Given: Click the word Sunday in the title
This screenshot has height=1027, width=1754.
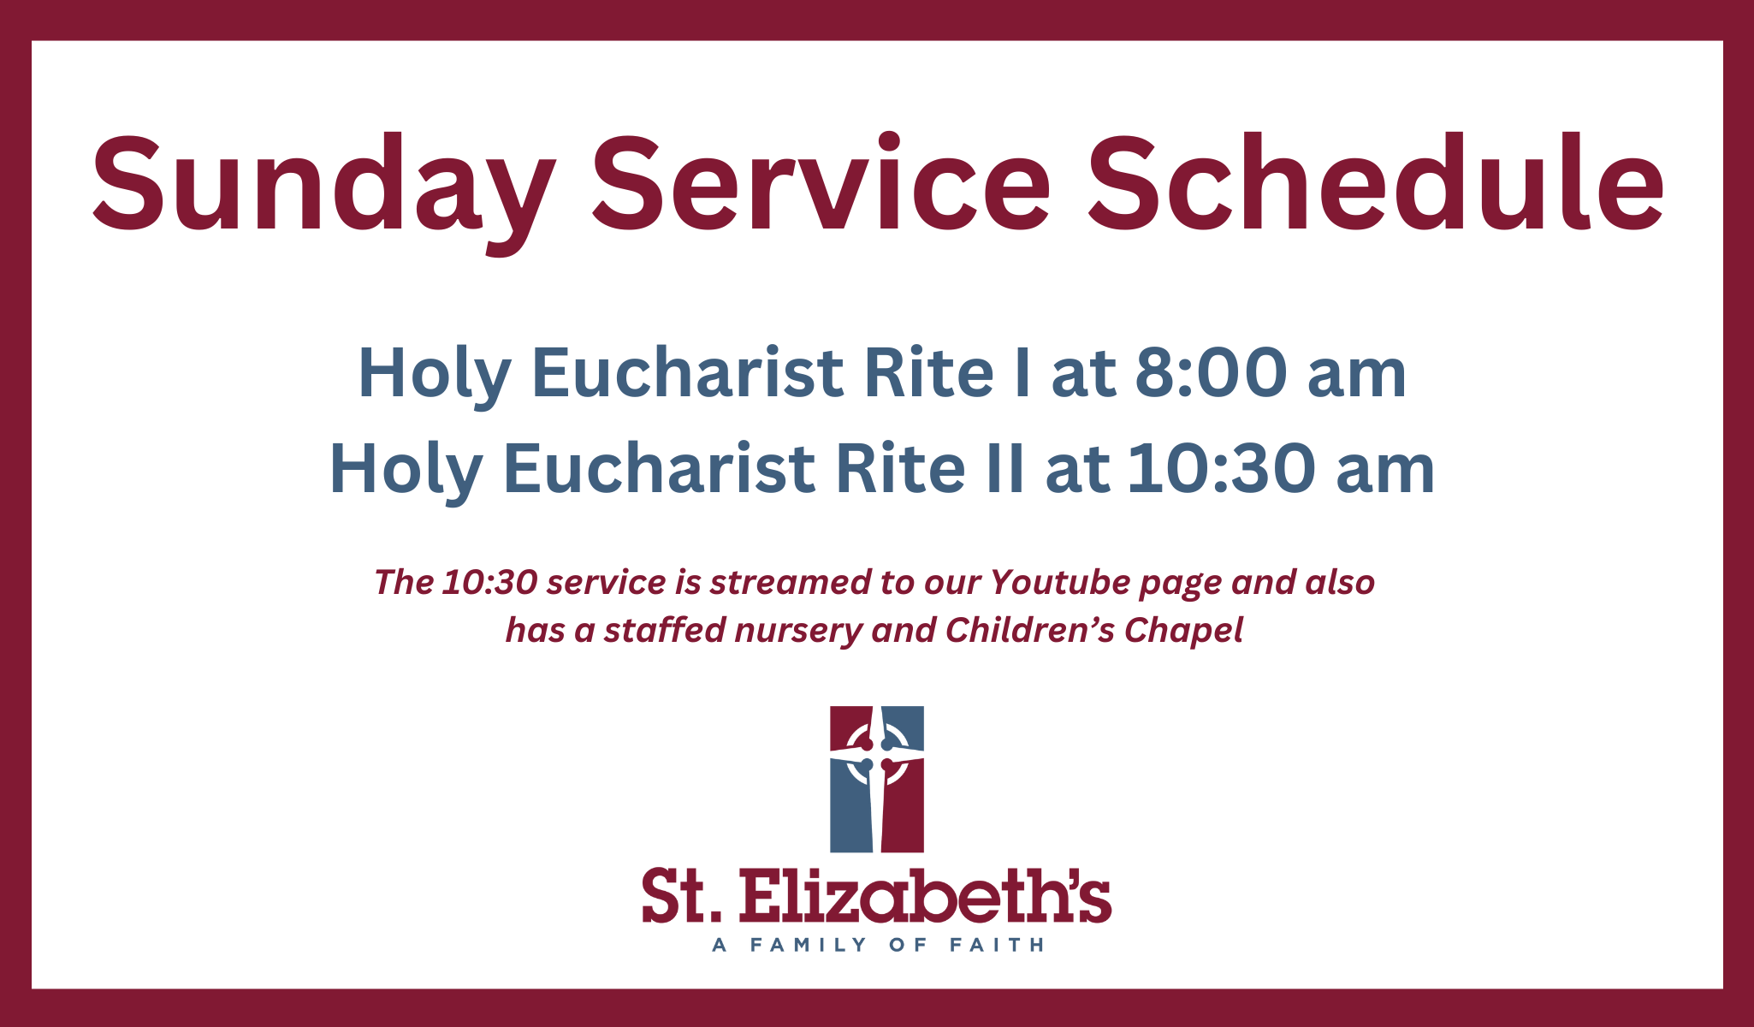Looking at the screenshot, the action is [x=323, y=190].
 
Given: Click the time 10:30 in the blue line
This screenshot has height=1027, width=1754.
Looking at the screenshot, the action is [x=1221, y=469].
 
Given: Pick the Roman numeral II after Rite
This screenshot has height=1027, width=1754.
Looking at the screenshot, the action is [x=1004, y=469].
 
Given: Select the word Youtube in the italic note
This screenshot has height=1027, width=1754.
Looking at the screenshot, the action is [x=1062, y=582].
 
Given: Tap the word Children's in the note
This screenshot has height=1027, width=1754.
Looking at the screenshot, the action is [x=1030, y=630].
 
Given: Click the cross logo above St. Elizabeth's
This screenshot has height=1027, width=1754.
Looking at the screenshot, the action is [x=877, y=779].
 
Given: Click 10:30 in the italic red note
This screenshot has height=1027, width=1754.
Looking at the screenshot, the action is [x=490, y=582].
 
